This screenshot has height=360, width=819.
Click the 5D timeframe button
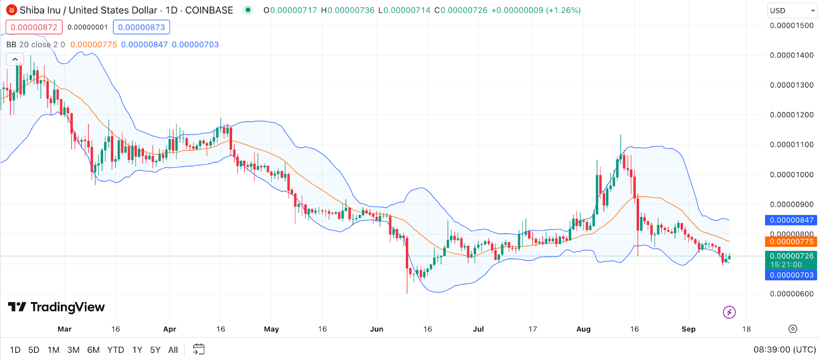[x=34, y=350]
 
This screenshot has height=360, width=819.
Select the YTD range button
[x=116, y=350]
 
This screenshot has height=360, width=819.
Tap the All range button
[x=173, y=350]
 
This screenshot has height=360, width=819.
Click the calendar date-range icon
[x=199, y=349]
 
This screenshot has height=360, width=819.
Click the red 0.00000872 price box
[x=34, y=27]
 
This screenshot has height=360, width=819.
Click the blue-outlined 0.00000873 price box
[x=141, y=27]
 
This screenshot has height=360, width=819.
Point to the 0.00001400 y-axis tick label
[x=791, y=55]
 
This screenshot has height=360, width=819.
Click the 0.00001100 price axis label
[x=791, y=145]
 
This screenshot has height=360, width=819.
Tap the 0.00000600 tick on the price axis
[x=791, y=294]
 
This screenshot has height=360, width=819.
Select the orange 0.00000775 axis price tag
[x=791, y=242]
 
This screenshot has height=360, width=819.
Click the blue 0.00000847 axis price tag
[x=791, y=220]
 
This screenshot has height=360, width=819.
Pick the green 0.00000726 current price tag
[x=791, y=256]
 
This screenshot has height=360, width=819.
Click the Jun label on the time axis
[x=377, y=329]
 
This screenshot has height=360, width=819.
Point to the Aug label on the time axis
[x=584, y=329]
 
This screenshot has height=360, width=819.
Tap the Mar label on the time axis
[x=64, y=329]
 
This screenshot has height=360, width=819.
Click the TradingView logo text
[x=67, y=307]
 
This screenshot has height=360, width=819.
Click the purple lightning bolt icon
[x=729, y=312]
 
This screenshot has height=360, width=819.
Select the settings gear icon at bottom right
[x=793, y=329]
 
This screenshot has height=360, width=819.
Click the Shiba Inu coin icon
[x=11, y=10]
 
